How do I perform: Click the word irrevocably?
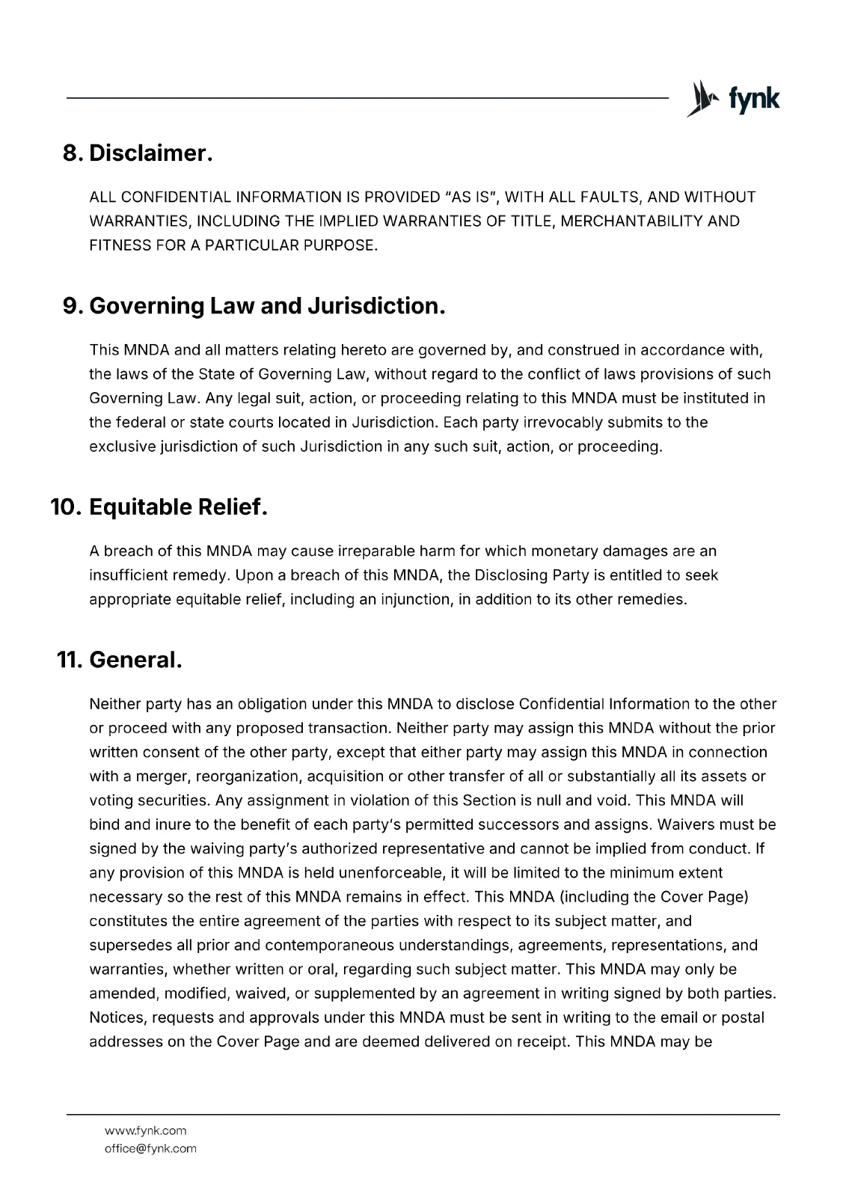[574, 422]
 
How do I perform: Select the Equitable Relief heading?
[178, 507]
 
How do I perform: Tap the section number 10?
[66, 507]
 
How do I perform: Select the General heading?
[135, 660]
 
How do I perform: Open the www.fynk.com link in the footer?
[145, 1130]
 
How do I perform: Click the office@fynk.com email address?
[150, 1148]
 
